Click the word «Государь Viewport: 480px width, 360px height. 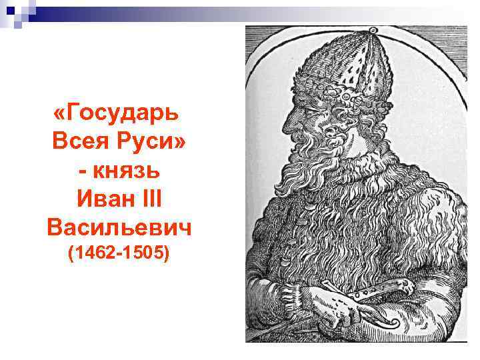(119, 114)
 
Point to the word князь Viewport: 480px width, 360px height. (129, 171)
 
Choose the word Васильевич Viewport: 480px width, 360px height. (119, 228)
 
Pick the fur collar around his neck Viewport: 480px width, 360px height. (373, 160)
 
